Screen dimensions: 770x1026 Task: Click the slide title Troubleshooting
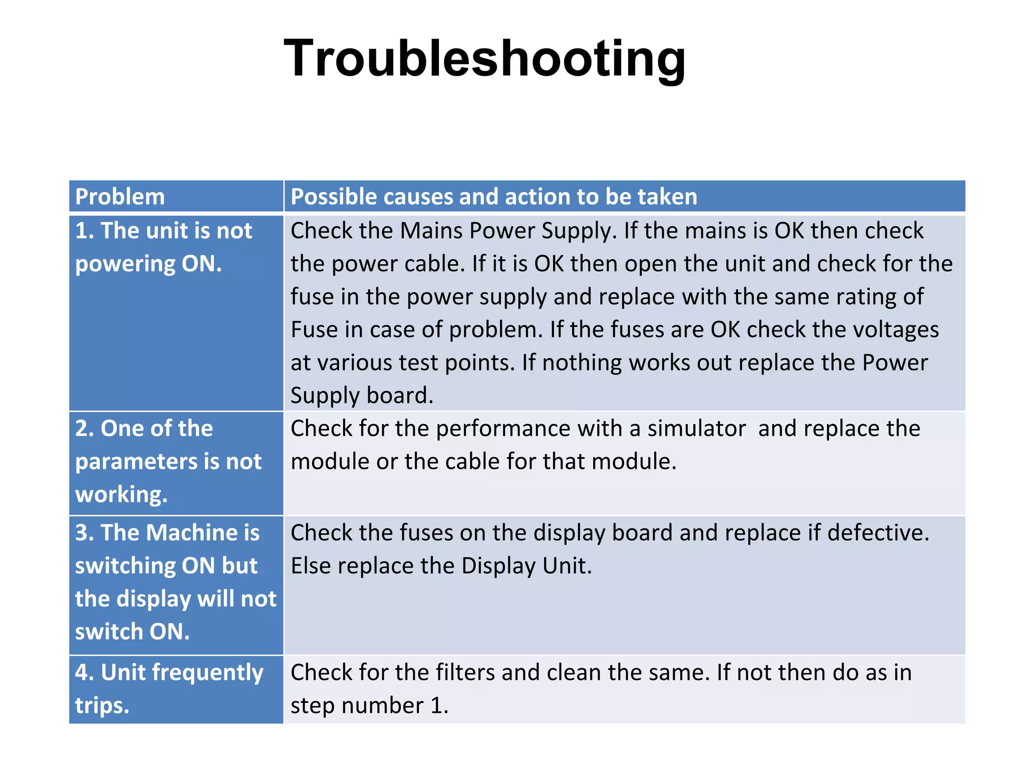(x=484, y=59)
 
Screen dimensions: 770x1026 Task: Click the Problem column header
(x=120, y=197)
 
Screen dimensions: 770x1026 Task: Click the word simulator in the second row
(x=696, y=429)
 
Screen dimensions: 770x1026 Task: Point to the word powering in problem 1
(x=125, y=264)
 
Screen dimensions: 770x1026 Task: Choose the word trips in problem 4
(x=102, y=706)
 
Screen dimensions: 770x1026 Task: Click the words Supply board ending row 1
(x=362, y=396)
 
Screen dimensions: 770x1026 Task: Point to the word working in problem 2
(x=121, y=495)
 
